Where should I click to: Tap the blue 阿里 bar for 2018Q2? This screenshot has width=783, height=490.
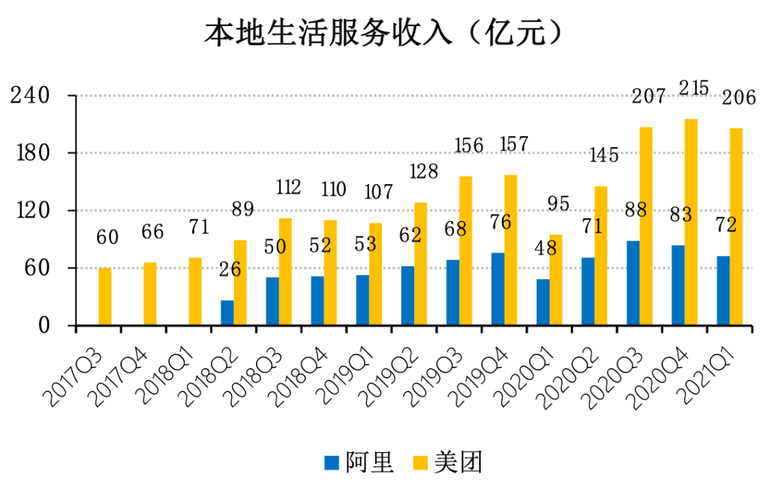[x=228, y=312]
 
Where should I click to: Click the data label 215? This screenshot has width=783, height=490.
[x=695, y=88]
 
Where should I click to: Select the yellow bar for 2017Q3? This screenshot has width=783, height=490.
[x=105, y=296]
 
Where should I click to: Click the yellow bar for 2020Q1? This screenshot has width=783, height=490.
[x=556, y=280]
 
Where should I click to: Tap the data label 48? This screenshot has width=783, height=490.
[x=544, y=248]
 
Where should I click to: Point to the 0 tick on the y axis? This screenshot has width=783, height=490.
[x=45, y=326]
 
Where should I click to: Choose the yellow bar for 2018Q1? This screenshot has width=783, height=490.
[x=196, y=291]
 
